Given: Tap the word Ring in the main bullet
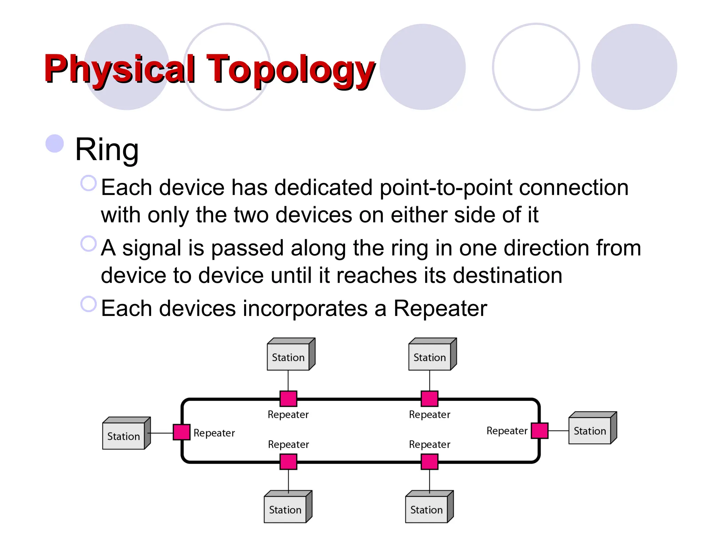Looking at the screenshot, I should (x=107, y=149).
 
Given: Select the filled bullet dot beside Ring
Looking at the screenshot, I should (x=55, y=144).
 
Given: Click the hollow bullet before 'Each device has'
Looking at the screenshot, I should (x=88, y=183).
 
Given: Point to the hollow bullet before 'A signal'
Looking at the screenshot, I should (x=88, y=243).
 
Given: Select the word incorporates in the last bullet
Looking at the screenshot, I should (x=305, y=309).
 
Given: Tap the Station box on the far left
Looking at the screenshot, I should (x=124, y=436).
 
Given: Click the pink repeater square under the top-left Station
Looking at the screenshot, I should (x=288, y=399).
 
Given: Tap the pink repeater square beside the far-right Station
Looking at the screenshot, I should (x=540, y=431).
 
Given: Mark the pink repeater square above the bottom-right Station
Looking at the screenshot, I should (x=430, y=462).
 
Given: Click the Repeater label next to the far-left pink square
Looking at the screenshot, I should (x=214, y=433).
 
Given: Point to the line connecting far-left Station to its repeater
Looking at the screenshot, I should (x=161, y=433).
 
